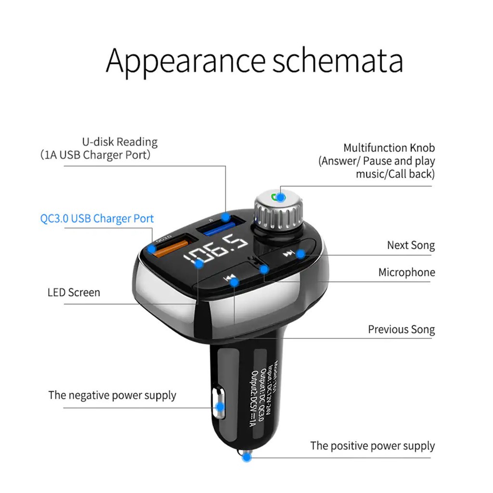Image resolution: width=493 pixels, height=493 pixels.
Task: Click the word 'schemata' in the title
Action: coord(337,61)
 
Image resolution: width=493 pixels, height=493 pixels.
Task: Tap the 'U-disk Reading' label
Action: coord(120,142)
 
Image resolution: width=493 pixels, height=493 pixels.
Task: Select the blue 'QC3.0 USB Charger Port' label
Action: coord(97,219)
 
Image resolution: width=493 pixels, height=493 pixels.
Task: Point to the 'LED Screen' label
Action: coord(74,292)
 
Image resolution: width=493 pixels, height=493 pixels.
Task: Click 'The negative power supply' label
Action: coord(112,396)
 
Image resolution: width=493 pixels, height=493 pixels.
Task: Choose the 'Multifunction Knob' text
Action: coord(389,148)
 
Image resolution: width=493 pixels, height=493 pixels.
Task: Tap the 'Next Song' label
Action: coord(411,245)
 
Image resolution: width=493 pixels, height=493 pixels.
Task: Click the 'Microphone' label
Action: coord(406,272)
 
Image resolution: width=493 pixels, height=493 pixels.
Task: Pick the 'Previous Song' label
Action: coord(401,330)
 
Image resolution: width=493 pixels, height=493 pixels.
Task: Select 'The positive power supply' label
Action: coord(372,446)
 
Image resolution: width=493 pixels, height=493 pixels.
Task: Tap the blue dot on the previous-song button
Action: coord(234,282)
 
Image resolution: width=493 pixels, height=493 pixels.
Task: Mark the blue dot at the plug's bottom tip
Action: coord(246,458)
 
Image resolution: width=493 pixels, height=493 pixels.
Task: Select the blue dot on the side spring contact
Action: coord(220,407)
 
